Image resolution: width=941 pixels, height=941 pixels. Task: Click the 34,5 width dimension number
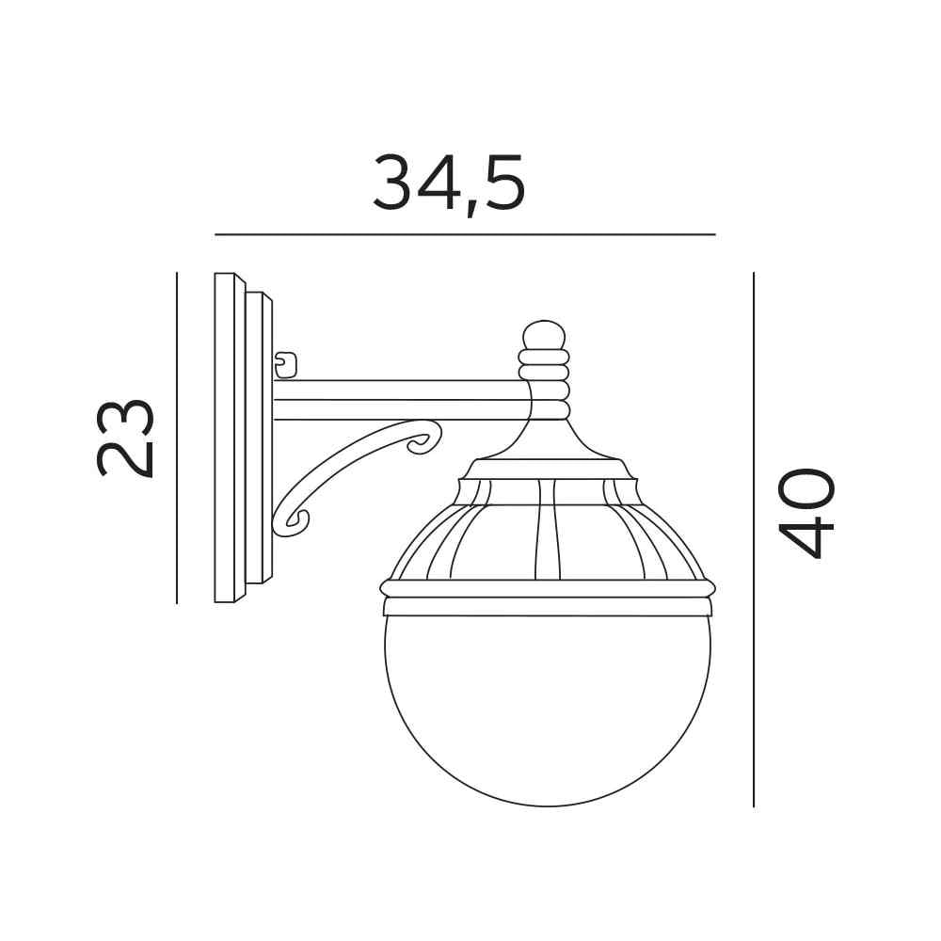pyautogui.click(x=449, y=183)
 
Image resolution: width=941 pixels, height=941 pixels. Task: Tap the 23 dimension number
pyautogui.click(x=125, y=438)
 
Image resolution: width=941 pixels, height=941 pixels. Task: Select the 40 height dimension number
pyautogui.click(x=805, y=513)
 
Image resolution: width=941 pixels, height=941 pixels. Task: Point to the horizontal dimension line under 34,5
pyautogui.click(x=465, y=234)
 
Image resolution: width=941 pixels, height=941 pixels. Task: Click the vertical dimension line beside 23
pyautogui.click(x=177, y=439)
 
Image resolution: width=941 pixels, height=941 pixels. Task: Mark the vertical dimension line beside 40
pyautogui.click(x=754, y=539)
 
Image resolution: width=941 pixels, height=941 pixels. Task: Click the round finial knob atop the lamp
pyautogui.click(x=544, y=335)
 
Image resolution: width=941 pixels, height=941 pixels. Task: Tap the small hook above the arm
pyautogui.click(x=286, y=365)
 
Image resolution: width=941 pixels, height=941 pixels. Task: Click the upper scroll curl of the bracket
pyautogui.click(x=424, y=439)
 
